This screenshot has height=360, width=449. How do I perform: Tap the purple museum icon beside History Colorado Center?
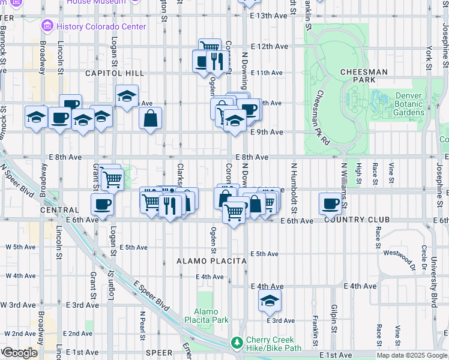[47, 26]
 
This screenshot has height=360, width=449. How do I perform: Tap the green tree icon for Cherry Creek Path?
[238, 343]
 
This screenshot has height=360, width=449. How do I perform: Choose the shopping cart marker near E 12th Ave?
[209, 46]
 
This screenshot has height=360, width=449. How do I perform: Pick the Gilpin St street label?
[333, 318]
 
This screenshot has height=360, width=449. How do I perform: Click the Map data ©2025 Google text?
[412, 355]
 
